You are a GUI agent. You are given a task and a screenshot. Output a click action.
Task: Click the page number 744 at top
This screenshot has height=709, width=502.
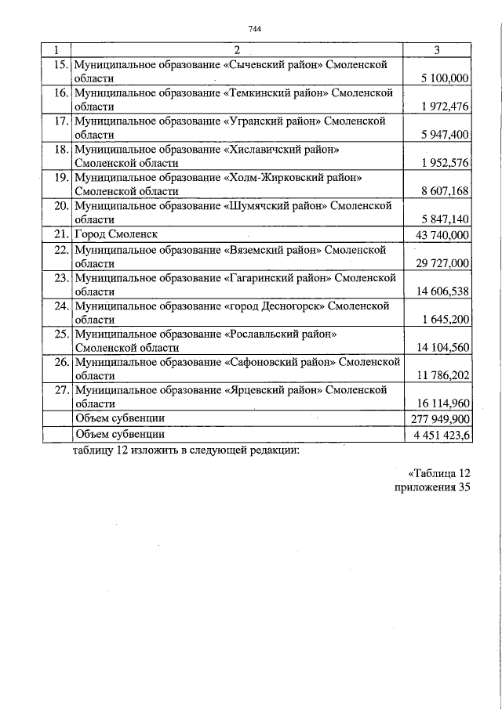(x=253, y=30)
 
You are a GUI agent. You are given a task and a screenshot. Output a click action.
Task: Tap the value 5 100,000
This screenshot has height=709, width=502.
(x=445, y=78)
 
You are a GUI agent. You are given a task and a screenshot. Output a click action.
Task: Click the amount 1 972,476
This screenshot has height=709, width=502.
(x=445, y=107)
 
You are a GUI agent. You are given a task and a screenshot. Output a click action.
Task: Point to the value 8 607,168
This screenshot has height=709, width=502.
(x=445, y=191)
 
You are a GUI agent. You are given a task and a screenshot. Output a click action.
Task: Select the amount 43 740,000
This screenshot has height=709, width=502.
(x=441, y=234)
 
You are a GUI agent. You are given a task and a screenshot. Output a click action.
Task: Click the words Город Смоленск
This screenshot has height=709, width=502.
(x=116, y=234)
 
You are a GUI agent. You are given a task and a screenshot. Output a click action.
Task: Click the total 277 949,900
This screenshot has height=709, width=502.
(x=440, y=418)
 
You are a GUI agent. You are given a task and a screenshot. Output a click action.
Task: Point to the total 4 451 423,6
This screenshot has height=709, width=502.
(x=440, y=433)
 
